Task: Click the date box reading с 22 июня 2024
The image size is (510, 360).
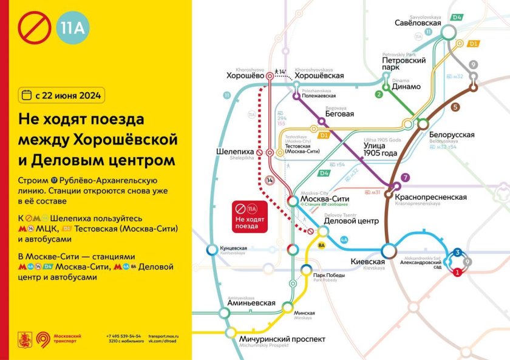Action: (x=61, y=95)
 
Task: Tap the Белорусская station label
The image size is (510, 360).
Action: (x=451, y=135)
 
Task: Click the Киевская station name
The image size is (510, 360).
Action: (x=368, y=262)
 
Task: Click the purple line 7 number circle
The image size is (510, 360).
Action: (x=406, y=177)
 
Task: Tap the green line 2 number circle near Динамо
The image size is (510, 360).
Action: (x=379, y=94)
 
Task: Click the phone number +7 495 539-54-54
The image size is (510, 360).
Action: (x=123, y=336)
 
